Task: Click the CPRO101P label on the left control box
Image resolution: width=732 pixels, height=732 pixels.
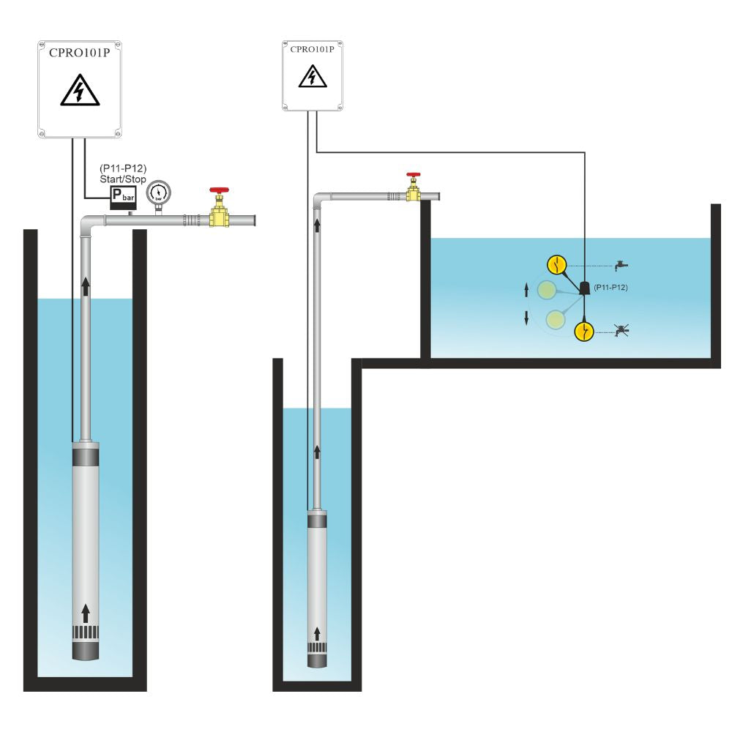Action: click(x=79, y=54)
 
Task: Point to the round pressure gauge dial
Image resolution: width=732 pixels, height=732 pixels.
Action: click(x=157, y=193)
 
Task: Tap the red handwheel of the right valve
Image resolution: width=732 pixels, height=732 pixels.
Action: click(x=414, y=176)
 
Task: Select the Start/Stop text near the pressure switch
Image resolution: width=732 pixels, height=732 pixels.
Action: click(x=123, y=179)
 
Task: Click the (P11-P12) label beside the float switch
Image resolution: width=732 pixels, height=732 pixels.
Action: click(x=611, y=288)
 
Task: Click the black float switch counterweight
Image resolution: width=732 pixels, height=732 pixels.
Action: click(x=586, y=288)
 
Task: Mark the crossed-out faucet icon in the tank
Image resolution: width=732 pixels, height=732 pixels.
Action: click(x=622, y=332)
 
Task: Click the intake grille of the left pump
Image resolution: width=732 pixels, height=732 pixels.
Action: click(x=86, y=632)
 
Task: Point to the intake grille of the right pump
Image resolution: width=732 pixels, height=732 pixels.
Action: click(x=317, y=648)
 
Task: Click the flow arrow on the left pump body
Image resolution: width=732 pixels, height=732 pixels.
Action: click(x=86, y=612)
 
